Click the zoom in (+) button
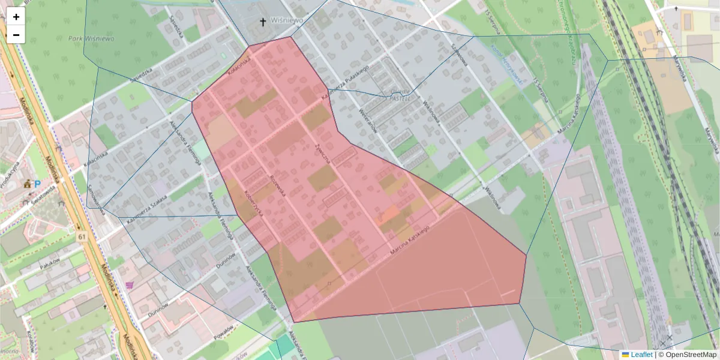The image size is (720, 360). click(x=16, y=17)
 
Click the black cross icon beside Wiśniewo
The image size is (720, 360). click(x=262, y=23)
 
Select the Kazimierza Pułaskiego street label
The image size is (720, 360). click(x=343, y=89)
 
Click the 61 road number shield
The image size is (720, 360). click(x=82, y=238)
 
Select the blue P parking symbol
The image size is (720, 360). click(x=37, y=185)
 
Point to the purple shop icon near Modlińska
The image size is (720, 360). click(x=130, y=285)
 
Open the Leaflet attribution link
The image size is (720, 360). click(x=641, y=355)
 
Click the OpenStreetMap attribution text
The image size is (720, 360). click(x=688, y=355)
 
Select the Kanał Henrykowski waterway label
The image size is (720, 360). click(x=505, y=64)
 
